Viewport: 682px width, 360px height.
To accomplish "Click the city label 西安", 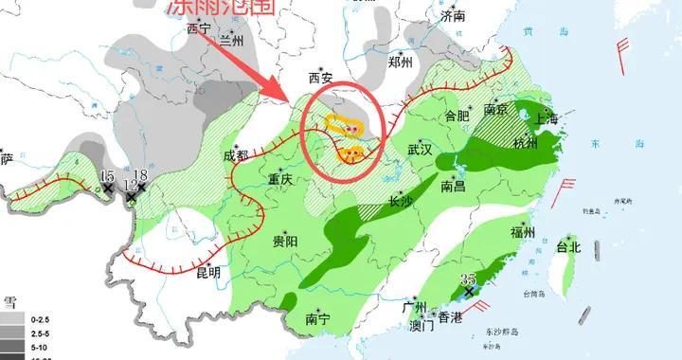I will [322, 78].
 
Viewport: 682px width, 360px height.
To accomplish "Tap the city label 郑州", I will [401, 63].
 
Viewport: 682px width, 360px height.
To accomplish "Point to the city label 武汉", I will [419, 150].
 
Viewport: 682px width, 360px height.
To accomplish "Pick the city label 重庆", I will [282, 180].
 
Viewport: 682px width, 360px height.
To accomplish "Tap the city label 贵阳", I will [284, 242].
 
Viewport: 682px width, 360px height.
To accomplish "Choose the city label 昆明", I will [207, 273].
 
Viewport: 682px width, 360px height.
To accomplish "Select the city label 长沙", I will [402, 200].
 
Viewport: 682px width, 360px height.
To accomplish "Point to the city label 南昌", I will [454, 188].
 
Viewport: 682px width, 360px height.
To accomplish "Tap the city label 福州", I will [523, 232].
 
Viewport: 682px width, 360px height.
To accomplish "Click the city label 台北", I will [567, 247].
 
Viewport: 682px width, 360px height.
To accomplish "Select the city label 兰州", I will [231, 39].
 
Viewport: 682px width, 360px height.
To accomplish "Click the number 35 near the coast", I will [466, 278].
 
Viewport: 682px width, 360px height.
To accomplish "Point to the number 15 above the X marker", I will [107, 175].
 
